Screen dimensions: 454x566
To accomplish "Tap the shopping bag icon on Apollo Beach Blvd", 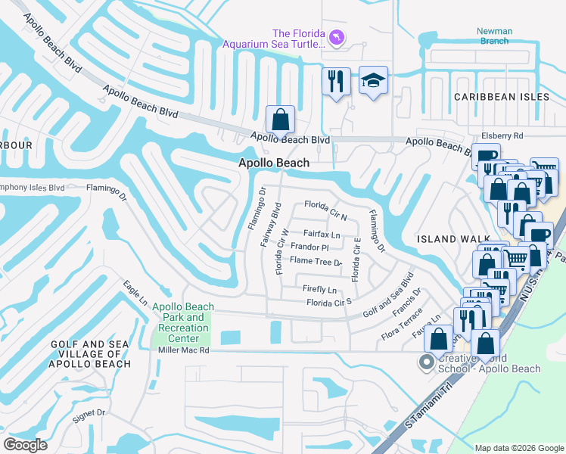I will click(280, 120).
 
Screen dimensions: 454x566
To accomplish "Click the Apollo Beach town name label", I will click(274, 163).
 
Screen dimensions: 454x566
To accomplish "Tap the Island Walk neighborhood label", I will click(448, 239).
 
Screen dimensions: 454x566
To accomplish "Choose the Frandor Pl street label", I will click(309, 247).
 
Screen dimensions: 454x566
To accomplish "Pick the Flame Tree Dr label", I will click(316, 261).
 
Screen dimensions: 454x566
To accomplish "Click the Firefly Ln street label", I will click(319, 289).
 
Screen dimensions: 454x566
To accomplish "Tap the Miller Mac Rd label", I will click(181, 350).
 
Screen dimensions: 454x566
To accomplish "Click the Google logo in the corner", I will click(25, 445).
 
